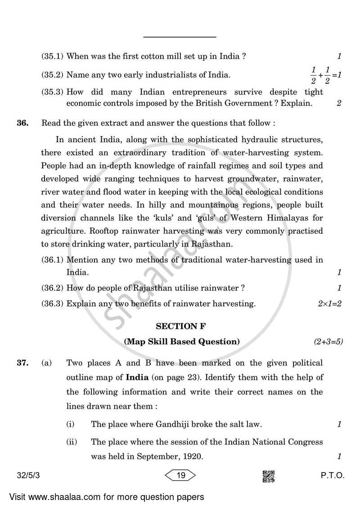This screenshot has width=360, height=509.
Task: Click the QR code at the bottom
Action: coord(269,475)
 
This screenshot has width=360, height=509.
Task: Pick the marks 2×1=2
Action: coord(329,304)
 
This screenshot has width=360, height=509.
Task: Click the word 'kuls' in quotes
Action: coord(164,218)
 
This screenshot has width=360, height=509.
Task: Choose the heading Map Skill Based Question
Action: coord(182,342)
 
